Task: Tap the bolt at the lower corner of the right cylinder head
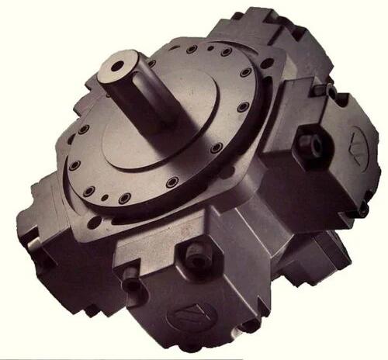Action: [x=362, y=208]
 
